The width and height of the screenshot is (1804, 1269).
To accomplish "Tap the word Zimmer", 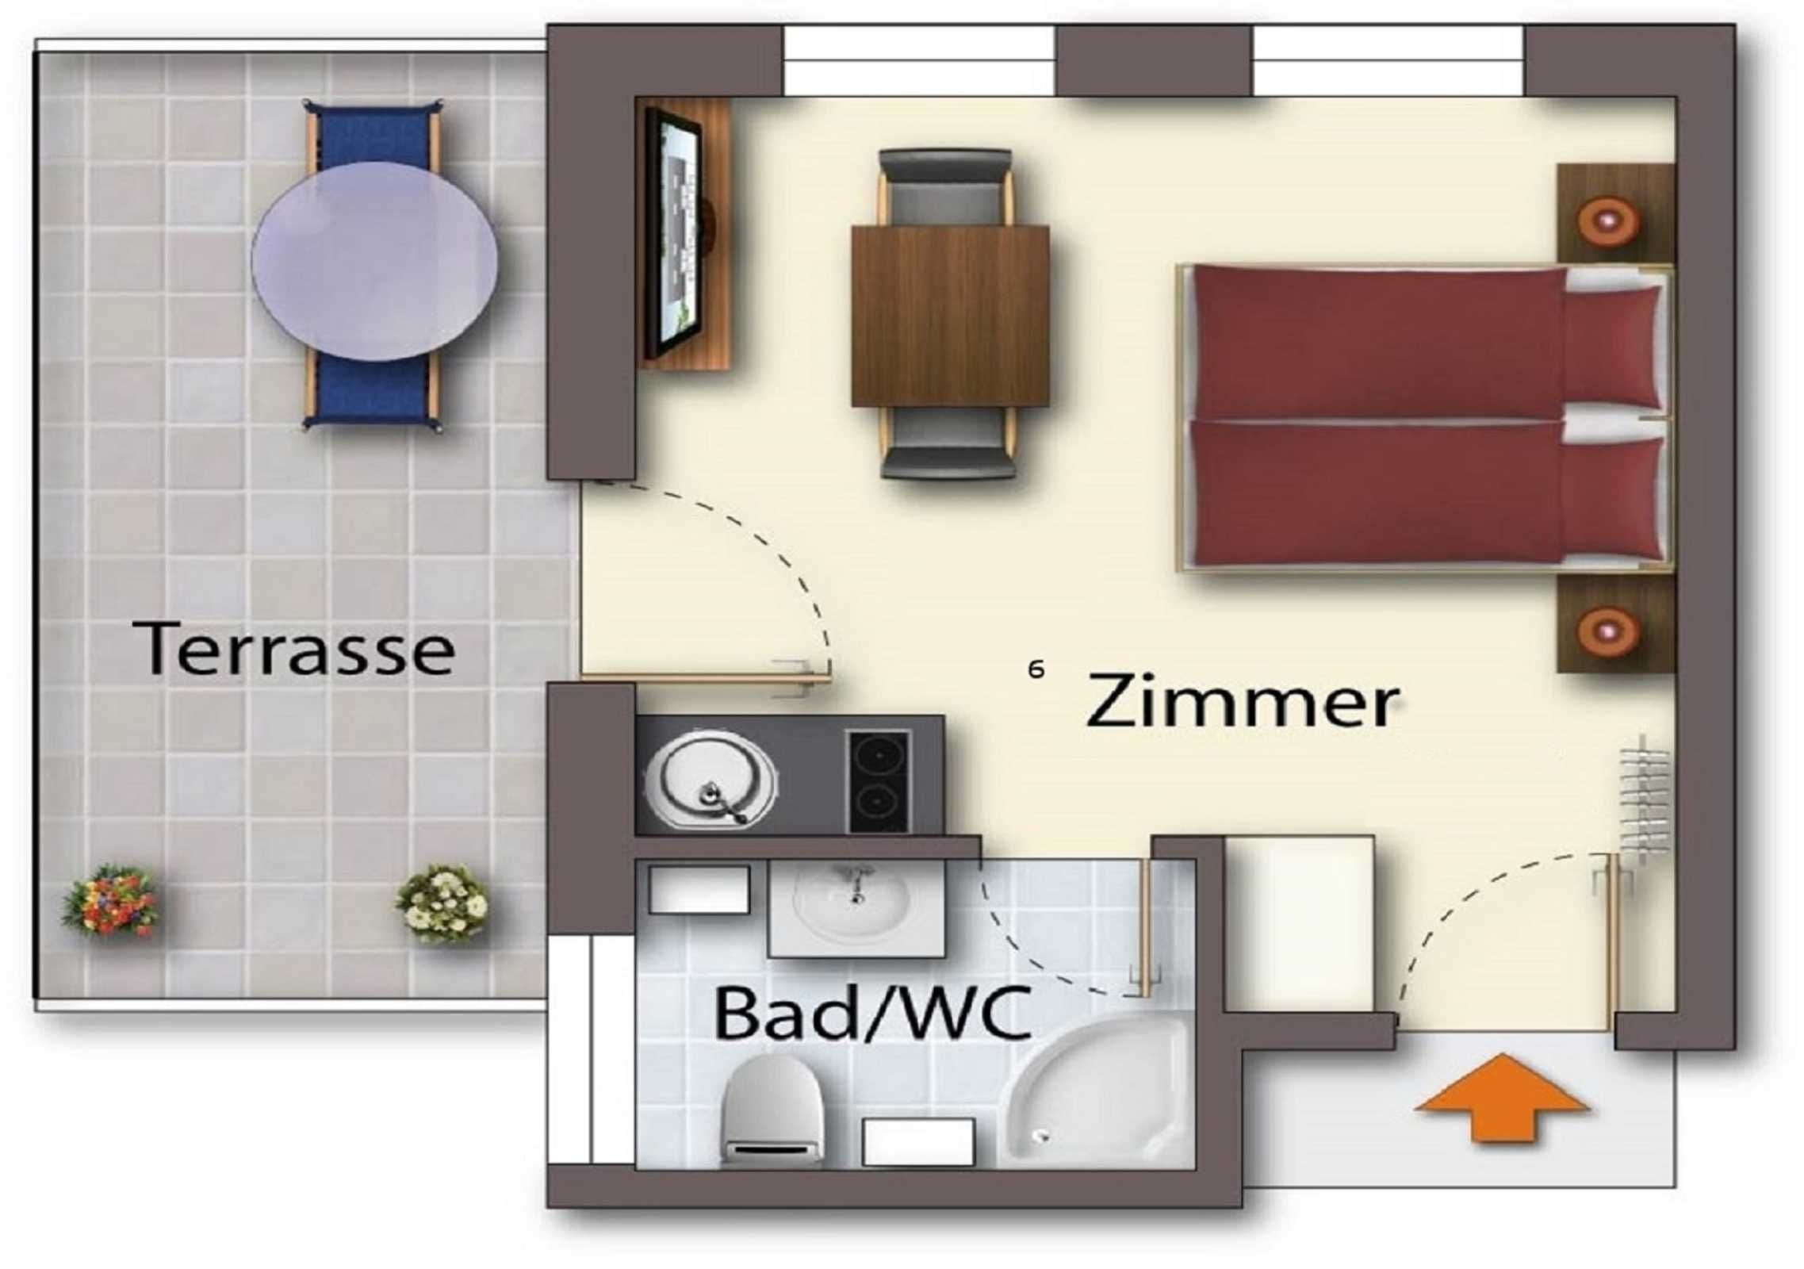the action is (x=1241, y=700).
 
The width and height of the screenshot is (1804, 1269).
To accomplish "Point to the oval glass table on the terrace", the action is (x=374, y=262).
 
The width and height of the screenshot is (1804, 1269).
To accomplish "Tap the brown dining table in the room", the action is (x=950, y=316).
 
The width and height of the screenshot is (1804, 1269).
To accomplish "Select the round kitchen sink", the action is (x=710, y=779).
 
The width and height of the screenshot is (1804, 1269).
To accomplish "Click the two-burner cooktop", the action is (x=879, y=780).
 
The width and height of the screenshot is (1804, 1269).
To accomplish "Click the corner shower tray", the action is (x=1098, y=1093).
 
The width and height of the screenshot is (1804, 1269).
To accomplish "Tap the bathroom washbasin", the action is (x=856, y=908).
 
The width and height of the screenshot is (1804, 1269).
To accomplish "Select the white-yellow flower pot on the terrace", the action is (x=442, y=902).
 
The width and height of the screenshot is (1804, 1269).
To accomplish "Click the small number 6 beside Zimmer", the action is (x=1036, y=669).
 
